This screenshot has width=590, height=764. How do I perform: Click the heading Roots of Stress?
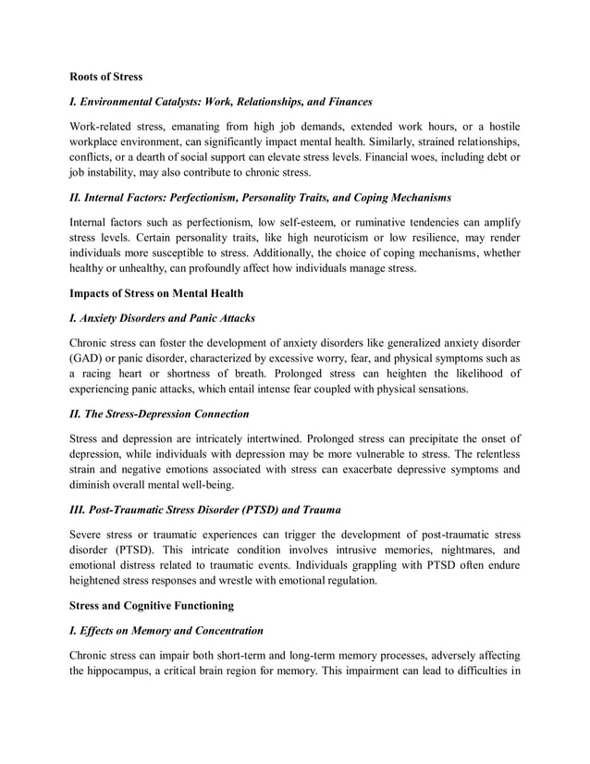click(106, 77)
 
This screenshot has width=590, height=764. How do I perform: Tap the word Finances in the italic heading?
click(345, 101)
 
